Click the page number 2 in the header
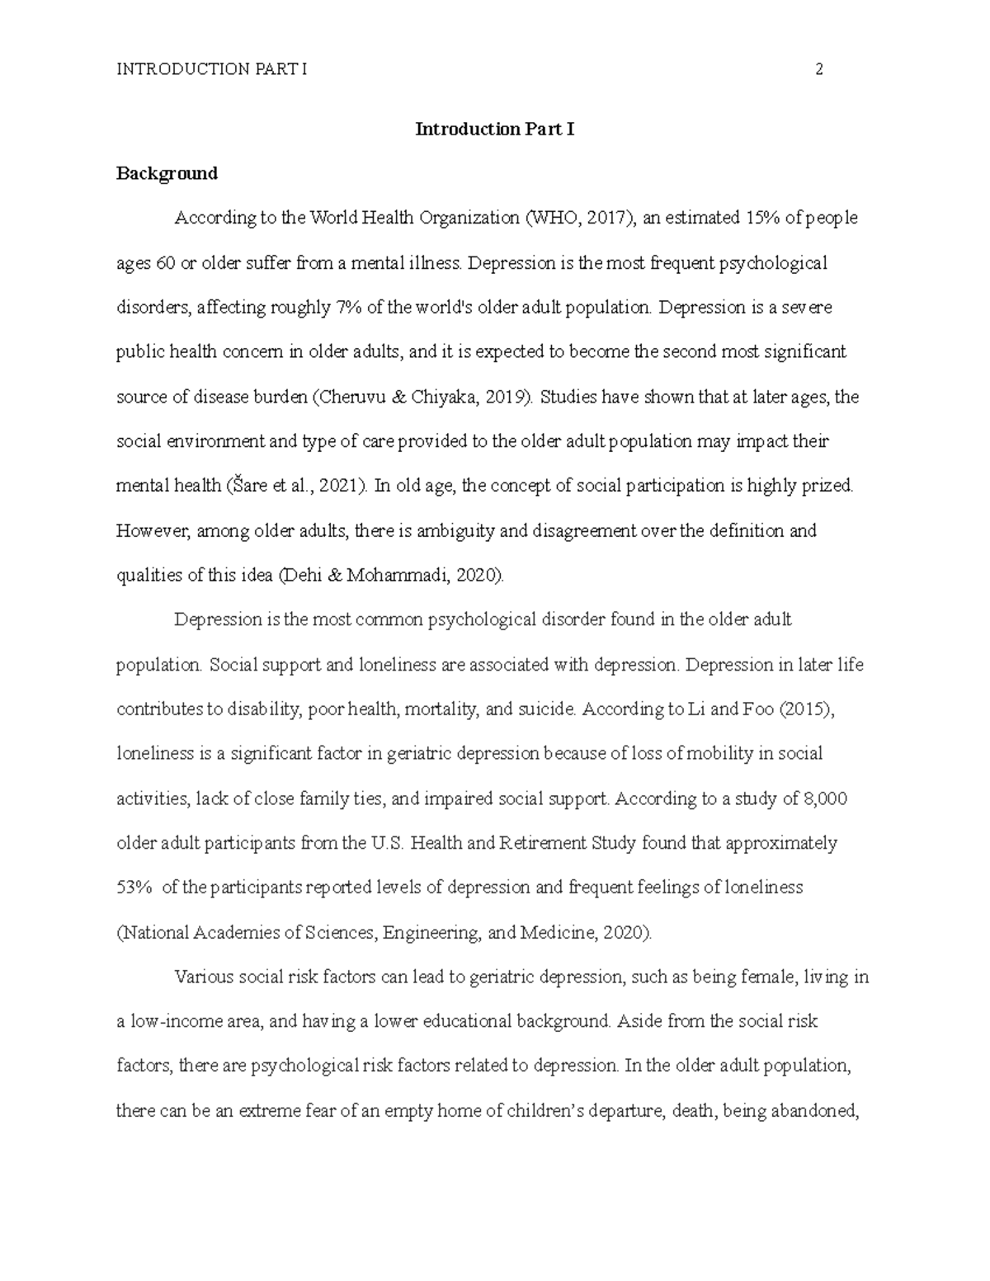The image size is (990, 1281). [819, 69]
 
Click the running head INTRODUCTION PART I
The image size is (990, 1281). [211, 69]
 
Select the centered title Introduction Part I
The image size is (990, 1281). [494, 130]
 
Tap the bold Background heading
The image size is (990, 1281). [167, 173]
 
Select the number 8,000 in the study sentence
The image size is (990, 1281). [824, 798]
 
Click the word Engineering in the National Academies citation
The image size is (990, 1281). [431, 933]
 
